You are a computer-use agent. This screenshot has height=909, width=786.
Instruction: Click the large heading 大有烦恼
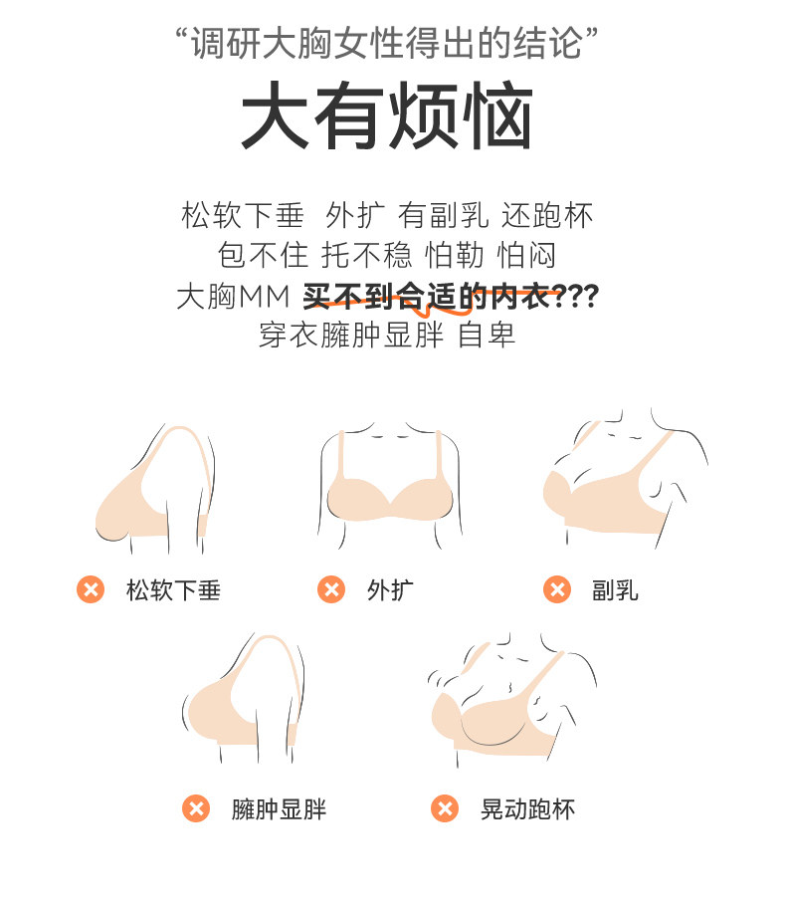(x=387, y=115)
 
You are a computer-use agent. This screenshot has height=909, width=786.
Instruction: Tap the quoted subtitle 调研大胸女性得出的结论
(x=387, y=43)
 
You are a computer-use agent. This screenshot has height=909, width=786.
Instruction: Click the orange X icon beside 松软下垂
(x=91, y=589)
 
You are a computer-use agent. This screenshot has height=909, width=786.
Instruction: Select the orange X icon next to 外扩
(x=331, y=589)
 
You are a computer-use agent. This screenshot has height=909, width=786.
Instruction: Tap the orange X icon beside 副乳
(x=557, y=589)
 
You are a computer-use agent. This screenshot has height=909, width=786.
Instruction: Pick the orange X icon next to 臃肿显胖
(x=196, y=808)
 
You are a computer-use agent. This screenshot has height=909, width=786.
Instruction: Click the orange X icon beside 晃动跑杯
(x=445, y=808)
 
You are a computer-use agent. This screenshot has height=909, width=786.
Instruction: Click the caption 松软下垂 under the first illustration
(x=174, y=590)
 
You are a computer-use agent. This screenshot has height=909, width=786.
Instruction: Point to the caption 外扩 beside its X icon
(x=390, y=590)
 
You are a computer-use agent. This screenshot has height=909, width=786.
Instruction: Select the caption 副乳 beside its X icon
(x=615, y=590)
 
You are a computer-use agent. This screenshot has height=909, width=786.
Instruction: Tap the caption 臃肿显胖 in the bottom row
(x=280, y=809)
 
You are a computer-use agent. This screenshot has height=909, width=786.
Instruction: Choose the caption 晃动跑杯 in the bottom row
(x=527, y=809)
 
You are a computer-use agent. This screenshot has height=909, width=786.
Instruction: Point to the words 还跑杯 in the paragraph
(x=547, y=216)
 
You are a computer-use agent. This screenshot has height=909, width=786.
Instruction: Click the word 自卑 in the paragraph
(x=487, y=336)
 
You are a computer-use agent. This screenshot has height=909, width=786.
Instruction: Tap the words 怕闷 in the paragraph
(x=526, y=256)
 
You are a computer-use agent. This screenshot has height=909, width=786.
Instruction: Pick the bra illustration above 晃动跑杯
(x=512, y=700)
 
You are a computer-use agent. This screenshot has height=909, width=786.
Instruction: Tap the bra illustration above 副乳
(x=625, y=479)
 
